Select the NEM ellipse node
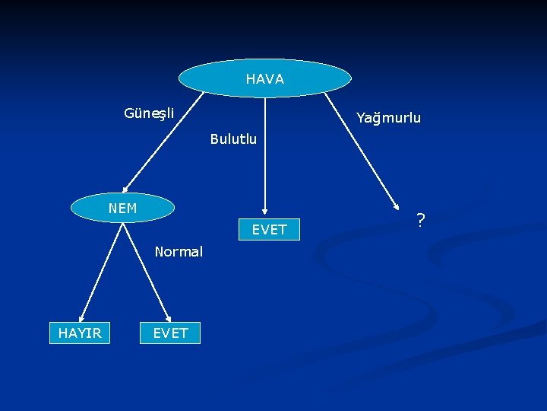[122, 207]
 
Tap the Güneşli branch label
[149, 113]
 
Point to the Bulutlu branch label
[233, 139]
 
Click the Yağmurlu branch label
[388, 118]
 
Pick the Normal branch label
[179, 251]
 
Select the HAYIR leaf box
[80, 333]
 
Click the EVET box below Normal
[170, 333]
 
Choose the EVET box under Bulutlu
[270, 229]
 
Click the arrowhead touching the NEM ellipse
[126, 189]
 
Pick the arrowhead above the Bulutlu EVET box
[265, 211]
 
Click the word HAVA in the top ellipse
[264, 79]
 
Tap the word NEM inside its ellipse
[122, 208]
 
